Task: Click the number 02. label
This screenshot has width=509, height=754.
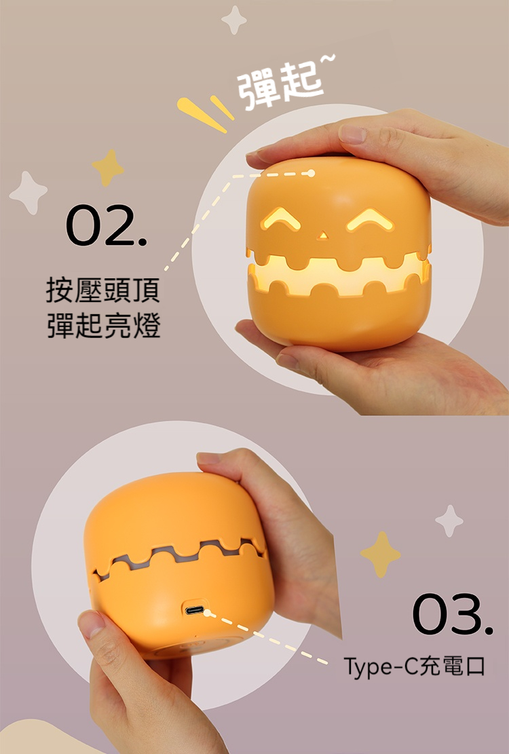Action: coord(107,225)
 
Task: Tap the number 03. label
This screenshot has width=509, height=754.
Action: coord(452,614)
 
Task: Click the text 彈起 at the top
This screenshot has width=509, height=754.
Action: coord(282,86)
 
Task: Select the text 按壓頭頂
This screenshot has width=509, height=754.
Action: coord(103,290)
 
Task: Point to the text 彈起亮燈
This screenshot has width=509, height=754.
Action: coord(103,325)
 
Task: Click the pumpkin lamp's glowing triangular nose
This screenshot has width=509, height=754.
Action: coord(322,235)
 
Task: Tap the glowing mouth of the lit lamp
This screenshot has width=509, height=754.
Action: coord(339,276)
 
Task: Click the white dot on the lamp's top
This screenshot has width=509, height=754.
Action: coord(311,173)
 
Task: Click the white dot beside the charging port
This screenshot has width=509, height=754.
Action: coord(207,613)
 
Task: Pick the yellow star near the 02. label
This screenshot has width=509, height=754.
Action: coord(108,168)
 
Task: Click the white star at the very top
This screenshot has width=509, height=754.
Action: coord(234,20)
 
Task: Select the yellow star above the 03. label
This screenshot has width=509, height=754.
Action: coord(380,554)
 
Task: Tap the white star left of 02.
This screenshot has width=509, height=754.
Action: coord(29,192)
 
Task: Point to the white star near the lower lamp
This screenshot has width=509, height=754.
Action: coord(449,521)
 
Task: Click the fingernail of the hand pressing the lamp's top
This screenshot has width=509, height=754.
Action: coord(353,134)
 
